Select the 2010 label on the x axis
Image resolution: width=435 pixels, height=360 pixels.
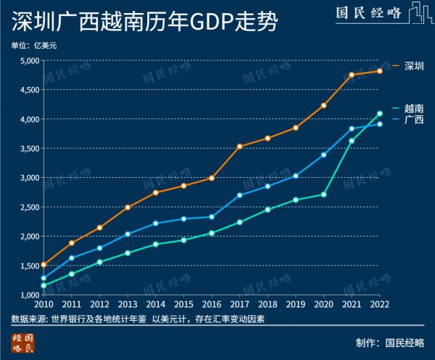point(43,306)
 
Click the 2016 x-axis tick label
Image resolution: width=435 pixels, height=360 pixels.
point(211,306)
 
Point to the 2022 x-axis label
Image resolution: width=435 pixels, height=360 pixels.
point(378,306)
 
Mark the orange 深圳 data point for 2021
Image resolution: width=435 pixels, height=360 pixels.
point(352,75)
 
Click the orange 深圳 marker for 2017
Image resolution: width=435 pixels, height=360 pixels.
point(239,147)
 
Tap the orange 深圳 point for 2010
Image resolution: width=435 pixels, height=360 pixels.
point(44,265)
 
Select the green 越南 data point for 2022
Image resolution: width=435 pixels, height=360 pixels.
point(379,113)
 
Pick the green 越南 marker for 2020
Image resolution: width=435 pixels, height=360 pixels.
point(323,195)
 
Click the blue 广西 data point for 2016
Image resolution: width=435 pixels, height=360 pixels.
point(212,216)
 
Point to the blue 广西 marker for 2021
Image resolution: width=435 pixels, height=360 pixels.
point(352,128)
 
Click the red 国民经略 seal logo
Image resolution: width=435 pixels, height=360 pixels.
point(24,343)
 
